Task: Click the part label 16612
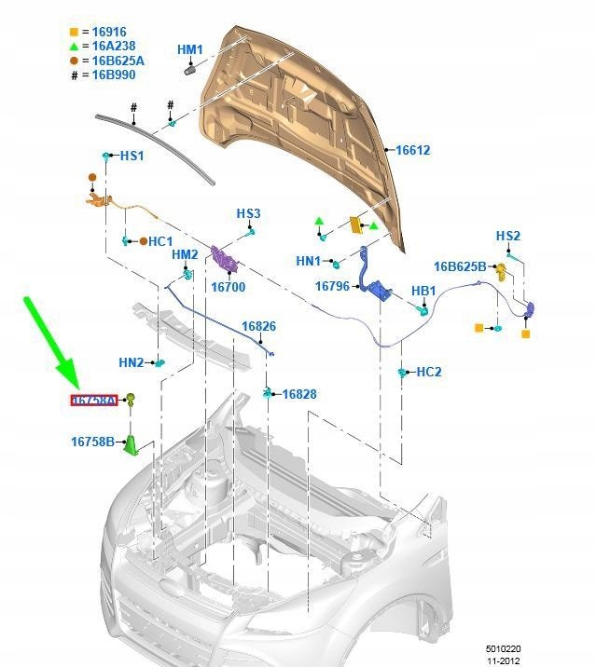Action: pyautogui.click(x=413, y=150)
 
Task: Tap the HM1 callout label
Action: pyautogui.click(x=190, y=49)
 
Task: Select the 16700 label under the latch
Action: pyautogui.click(x=228, y=288)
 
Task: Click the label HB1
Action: pyautogui.click(x=423, y=292)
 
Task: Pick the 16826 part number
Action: pyautogui.click(x=258, y=326)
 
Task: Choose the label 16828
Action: pyautogui.click(x=299, y=394)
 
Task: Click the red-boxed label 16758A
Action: pyautogui.click(x=94, y=401)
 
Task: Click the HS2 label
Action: pyautogui.click(x=507, y=237)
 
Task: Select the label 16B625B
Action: pyautogui.click(x=459, y=267)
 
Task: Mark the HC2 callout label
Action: pyautogui.click(x=429, y=372)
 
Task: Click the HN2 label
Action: pyautogui.click(x=132, y=362)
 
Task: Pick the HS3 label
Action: pyautogui.click(x=248, y=214)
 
